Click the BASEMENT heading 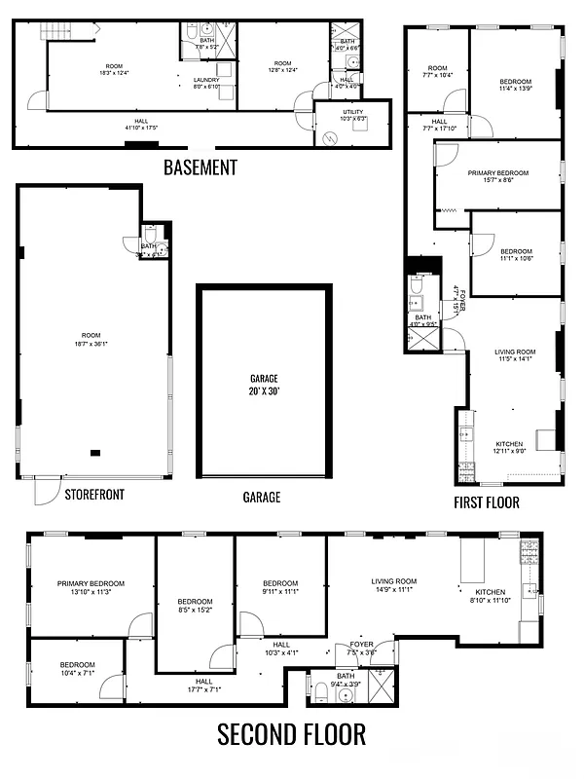pos(200,167)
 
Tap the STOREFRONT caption pos(94,495)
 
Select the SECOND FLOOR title pos(291,733)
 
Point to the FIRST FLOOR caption pos(486,502)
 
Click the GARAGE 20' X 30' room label pos(264,384)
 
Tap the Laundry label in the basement pos(206,83)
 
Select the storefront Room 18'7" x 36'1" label pos(91,340)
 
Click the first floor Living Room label pos(517,355)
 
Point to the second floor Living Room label pos(394,585)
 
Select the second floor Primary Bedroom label pos(91,587)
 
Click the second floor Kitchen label pos(491,596)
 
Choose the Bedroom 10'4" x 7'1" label pos(77,668)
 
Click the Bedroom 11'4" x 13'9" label pos(516,85)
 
